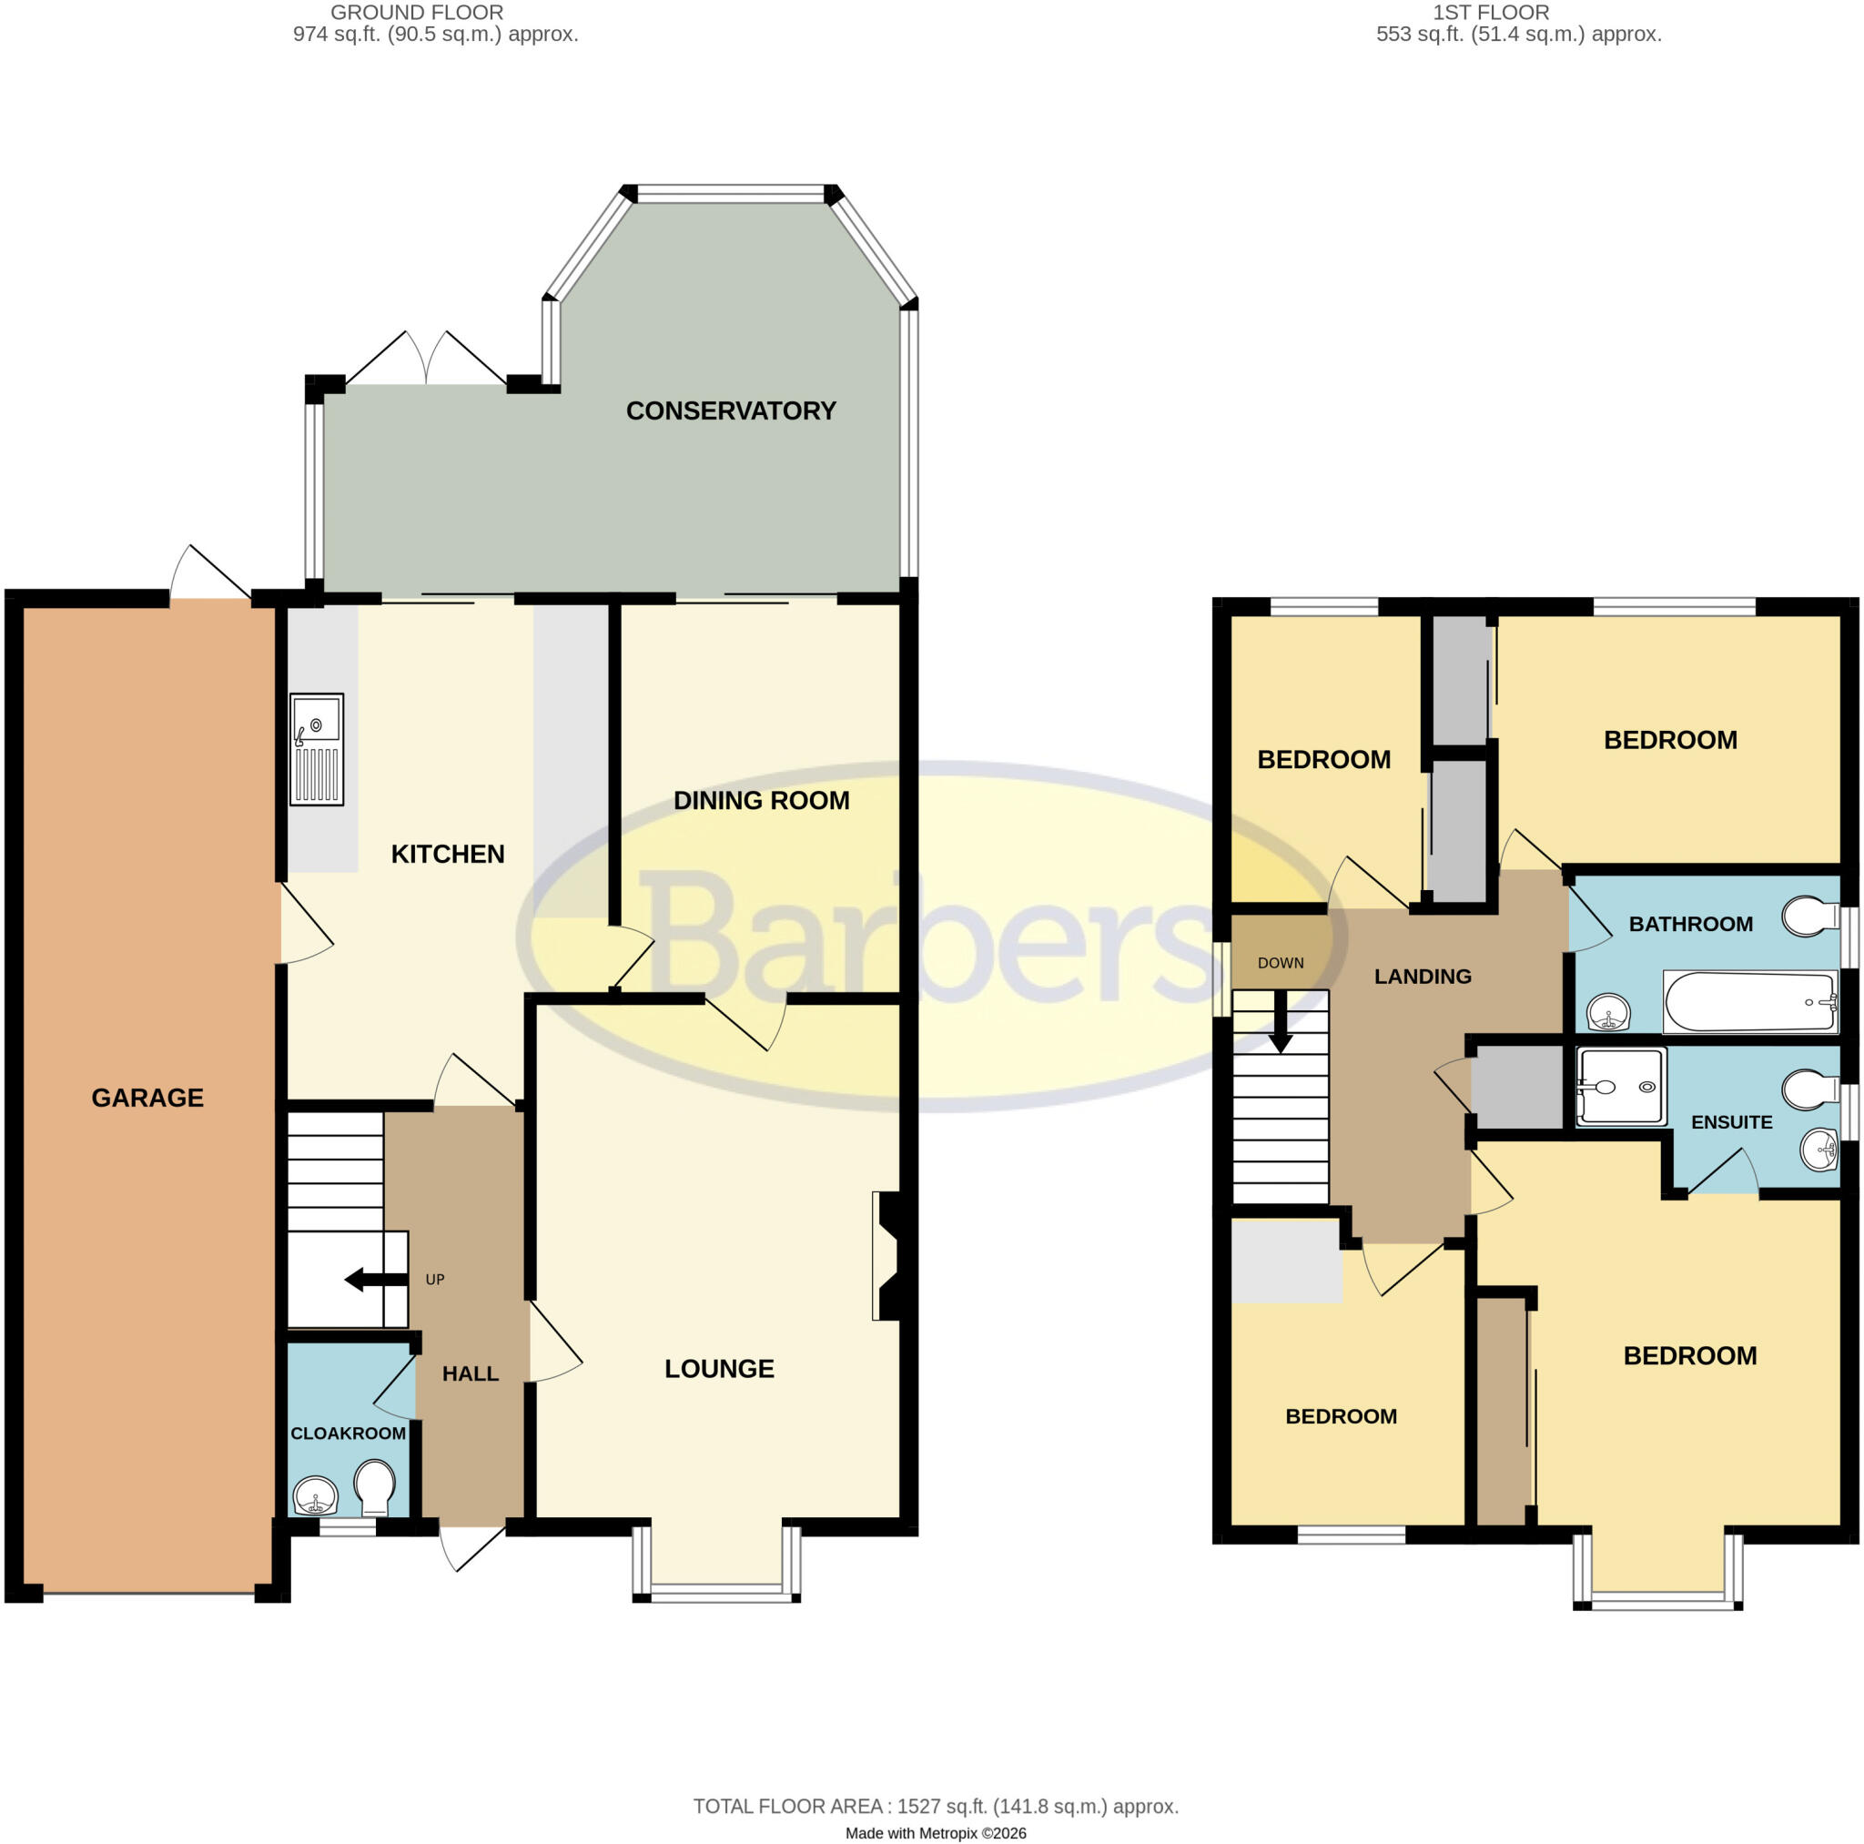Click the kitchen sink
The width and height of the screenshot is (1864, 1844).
[317, 749]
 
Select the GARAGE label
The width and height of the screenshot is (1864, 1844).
[147, 1098]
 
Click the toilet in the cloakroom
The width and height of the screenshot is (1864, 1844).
[374, 1487]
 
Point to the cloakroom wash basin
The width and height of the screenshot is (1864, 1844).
[316, 1496]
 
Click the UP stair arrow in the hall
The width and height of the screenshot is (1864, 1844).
[376, 1280]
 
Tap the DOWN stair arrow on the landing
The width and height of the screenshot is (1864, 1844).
[1281, 1022]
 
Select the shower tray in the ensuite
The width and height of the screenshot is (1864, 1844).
[1621, 1088]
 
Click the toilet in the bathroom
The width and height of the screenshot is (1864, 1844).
[1810, 917]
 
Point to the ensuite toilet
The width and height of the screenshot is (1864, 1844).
[1810, 1090]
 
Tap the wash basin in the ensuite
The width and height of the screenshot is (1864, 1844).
[1820, 1150]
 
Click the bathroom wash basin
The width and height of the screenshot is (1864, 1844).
[1607, 1013]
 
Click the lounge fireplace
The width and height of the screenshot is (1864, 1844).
[886, 1255]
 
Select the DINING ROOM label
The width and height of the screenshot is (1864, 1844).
[761, 801]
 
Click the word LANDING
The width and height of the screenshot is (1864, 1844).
[1423, 977]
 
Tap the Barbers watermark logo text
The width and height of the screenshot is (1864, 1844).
[931, 937]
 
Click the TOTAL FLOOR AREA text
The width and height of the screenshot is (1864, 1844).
[936, 1807]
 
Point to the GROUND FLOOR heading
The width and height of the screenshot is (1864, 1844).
[417, 13]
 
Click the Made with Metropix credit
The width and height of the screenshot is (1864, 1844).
[936, 1833]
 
